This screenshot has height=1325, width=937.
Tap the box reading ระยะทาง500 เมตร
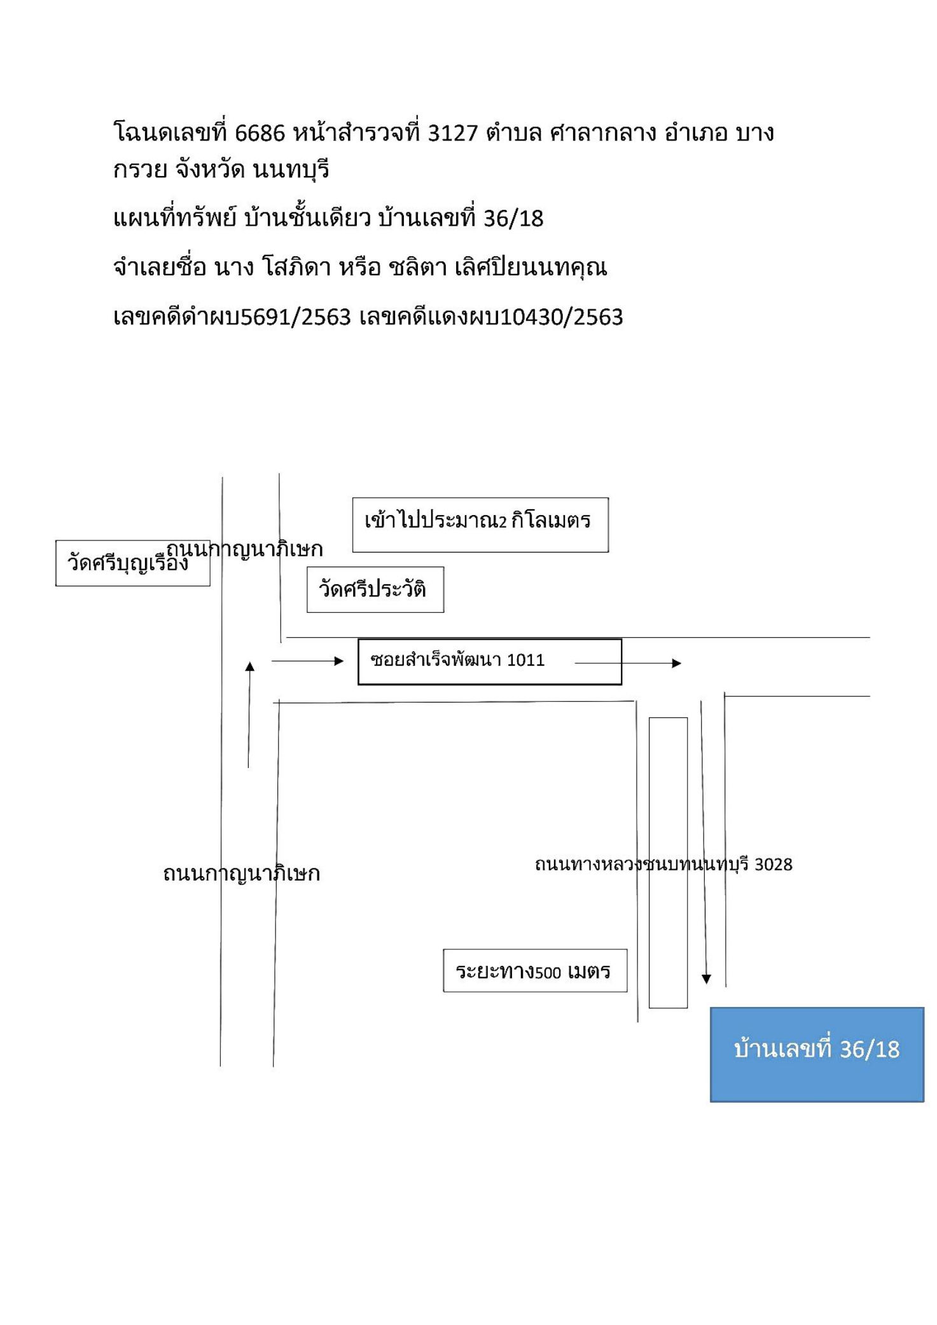point(535,970)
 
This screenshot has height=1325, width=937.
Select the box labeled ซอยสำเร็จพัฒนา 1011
point(490,661)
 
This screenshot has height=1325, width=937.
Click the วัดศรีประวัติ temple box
point(375,589)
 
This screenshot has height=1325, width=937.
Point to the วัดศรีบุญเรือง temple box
point(132,563)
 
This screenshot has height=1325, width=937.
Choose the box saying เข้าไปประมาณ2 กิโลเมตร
point(480,525)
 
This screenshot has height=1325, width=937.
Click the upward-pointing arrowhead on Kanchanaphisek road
point(250,666)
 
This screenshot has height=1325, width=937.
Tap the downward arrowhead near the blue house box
point(706,979)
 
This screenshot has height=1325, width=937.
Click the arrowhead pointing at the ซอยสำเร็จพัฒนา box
point(339,661)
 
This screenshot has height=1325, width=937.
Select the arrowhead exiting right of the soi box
point(677,663)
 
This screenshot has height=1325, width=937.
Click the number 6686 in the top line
point(260,133)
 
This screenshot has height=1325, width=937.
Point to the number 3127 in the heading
point(452,133)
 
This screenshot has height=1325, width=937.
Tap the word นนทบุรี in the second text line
point(291,170)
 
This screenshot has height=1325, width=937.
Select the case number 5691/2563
point(296,317)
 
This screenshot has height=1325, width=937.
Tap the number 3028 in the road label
point(773,865)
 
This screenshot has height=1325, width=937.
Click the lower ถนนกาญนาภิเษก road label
point(241,874)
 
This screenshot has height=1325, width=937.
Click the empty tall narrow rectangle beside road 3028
point(668,863)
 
